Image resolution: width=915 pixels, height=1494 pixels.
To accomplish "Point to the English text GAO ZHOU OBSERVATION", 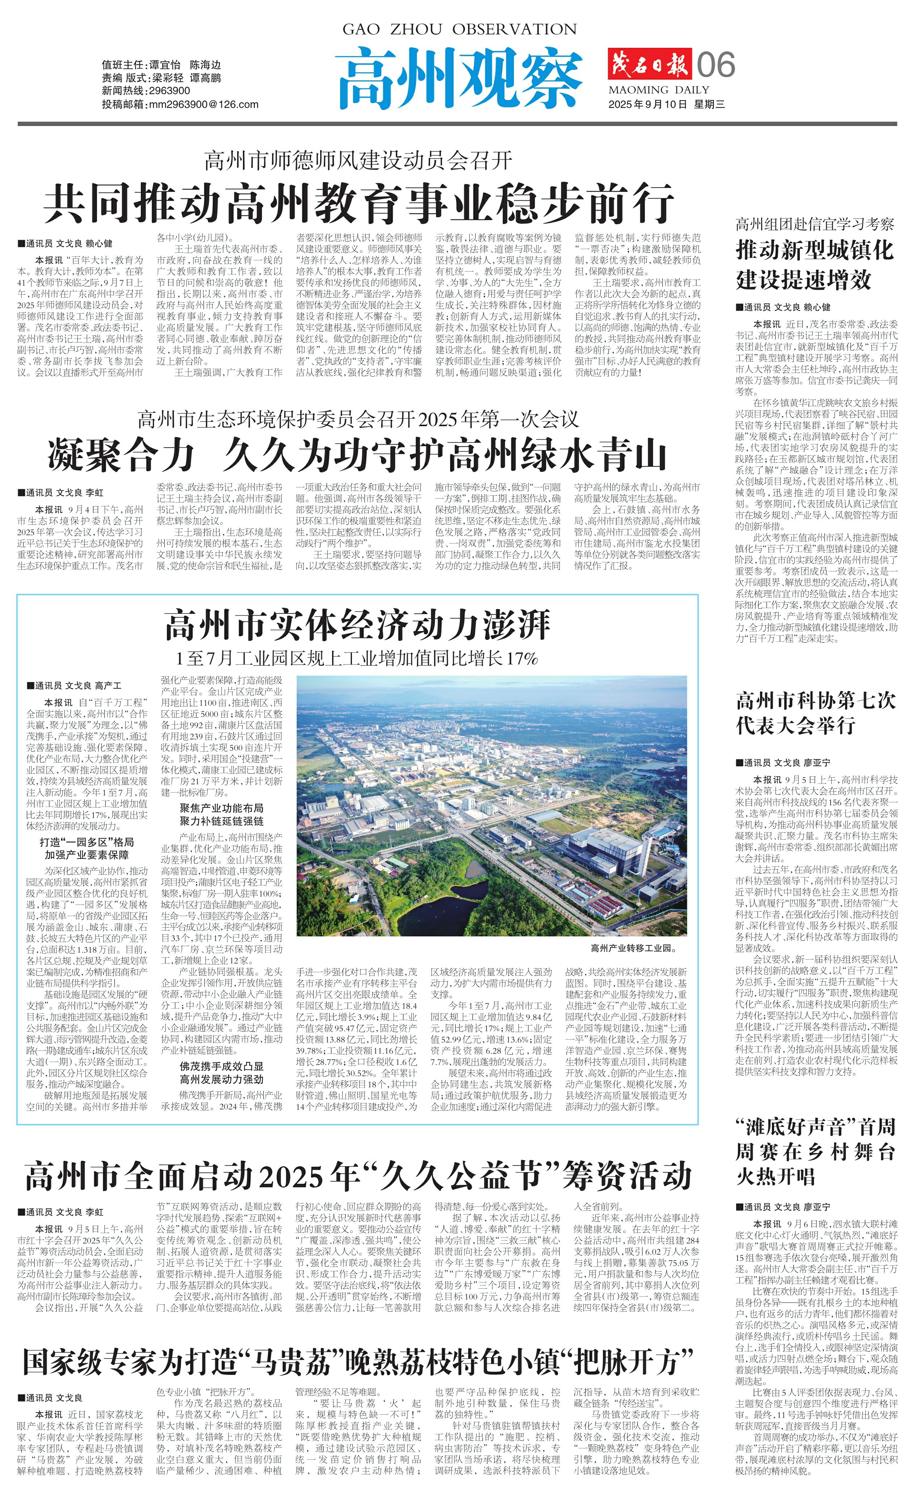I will point(459,29).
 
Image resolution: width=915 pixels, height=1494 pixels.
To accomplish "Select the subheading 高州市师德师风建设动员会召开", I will point(358,161).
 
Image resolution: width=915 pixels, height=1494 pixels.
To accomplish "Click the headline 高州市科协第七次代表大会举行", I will point(815,713).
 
